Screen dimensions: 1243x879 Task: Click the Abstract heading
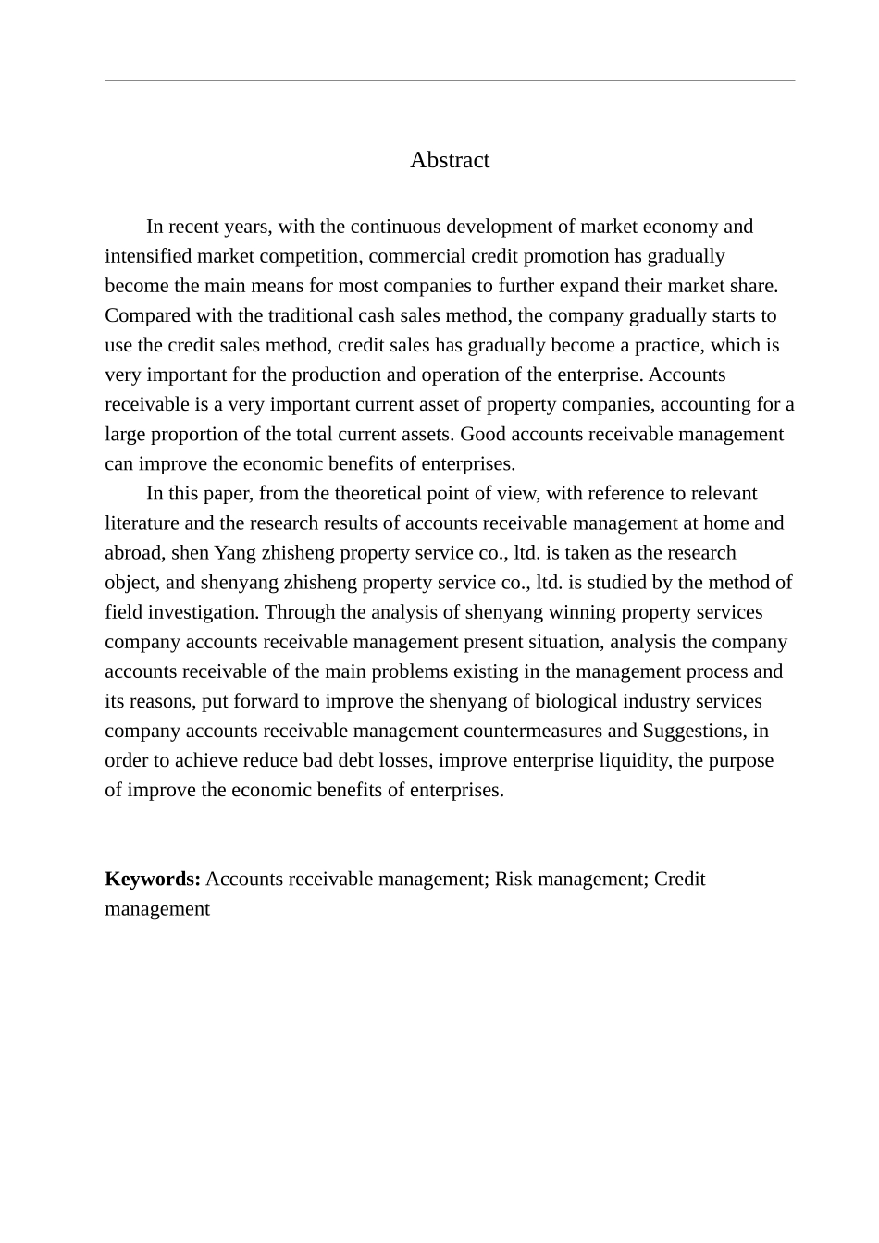point(450,160)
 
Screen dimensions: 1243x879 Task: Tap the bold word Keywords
point(153,879)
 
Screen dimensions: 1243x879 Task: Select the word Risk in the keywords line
point(514,879)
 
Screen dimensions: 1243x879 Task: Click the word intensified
point(147,256)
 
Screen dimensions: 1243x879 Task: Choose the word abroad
point(133,553)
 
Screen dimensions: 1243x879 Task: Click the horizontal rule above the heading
point(450,80)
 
